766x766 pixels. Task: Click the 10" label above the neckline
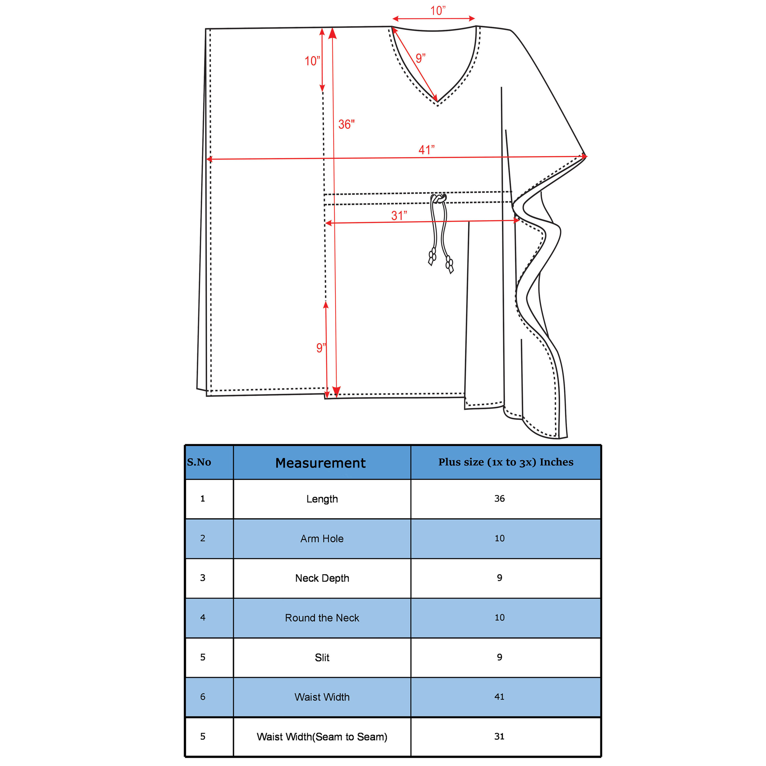coord(438,11)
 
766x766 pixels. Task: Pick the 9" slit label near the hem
coord(321,348)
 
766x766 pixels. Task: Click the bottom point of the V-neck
coord(438,102)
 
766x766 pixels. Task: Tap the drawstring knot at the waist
coord(438,198)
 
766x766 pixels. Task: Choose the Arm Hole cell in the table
coord(322,538)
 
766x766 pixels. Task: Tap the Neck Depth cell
coord(322,578)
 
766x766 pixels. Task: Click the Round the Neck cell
coord(322,618)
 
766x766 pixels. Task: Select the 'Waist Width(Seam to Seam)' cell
coord(322,737)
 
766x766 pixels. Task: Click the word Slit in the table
coord(322,657)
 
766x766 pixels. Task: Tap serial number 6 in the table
coord(202,697)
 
